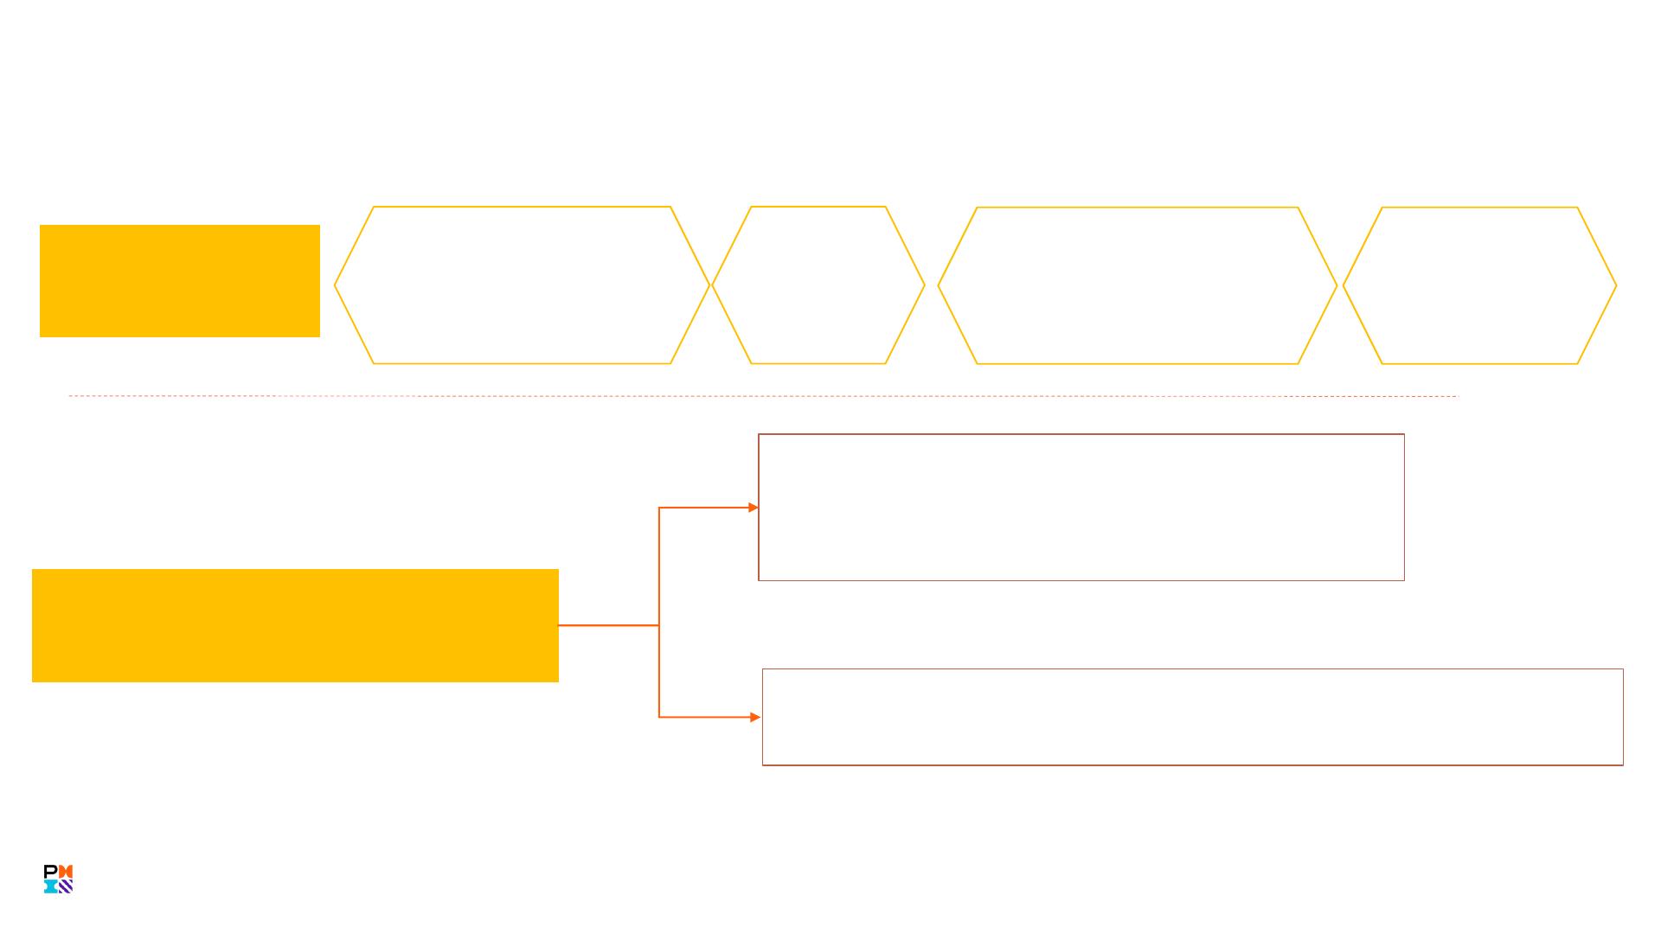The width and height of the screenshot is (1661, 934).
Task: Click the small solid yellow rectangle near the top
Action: pyautogui.click(x=179, y=281)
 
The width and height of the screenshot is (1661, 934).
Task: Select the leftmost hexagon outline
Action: pyautogui.click(x=522, y=285)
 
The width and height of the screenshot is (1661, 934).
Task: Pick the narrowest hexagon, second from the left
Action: pyautogui.click(x=818, y=285)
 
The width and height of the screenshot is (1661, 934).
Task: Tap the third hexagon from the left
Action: pyautogui.click(x=1137, y=285)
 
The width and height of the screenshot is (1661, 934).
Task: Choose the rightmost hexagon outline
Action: pyautogui.click(x=1479, y=285)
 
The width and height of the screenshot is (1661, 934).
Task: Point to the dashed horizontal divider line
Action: pyautogui.click(x=761, y=396)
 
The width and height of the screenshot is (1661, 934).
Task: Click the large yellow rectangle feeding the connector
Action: pyautogui.click(x=295, y=625)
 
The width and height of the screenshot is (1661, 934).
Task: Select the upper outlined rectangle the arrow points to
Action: pyautogui.click(x=1081, y=507)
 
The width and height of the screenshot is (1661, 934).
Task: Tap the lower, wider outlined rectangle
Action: pyautogui.click(x=1192, y=717)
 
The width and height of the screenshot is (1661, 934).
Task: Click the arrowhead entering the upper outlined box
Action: pyautogui.click(x=754, y=508)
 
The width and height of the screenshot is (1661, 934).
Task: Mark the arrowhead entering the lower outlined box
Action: pyautogui.click(x=755, y=717)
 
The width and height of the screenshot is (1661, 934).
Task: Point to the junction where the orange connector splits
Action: pyautogui.click(x=659, y=625)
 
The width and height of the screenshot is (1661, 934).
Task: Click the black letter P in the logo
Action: pyautogui.click(x=50, y=872)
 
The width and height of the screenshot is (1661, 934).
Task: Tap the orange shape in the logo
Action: pyautogui.click(x=66, y=872)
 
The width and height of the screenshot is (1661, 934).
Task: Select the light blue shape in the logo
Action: pyautogui.click(x=50, y=886)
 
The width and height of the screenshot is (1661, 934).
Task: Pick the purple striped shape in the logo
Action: pyautogui.click(x=66, y=886)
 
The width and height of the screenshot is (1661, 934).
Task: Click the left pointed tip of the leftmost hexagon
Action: pyautogui.click(x=336, y=285)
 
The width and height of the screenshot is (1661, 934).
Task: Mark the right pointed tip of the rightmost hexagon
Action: pyautogui.click(x=1615, y=285)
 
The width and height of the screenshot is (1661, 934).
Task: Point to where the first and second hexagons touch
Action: pyautogui.click(x=710, y=285)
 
